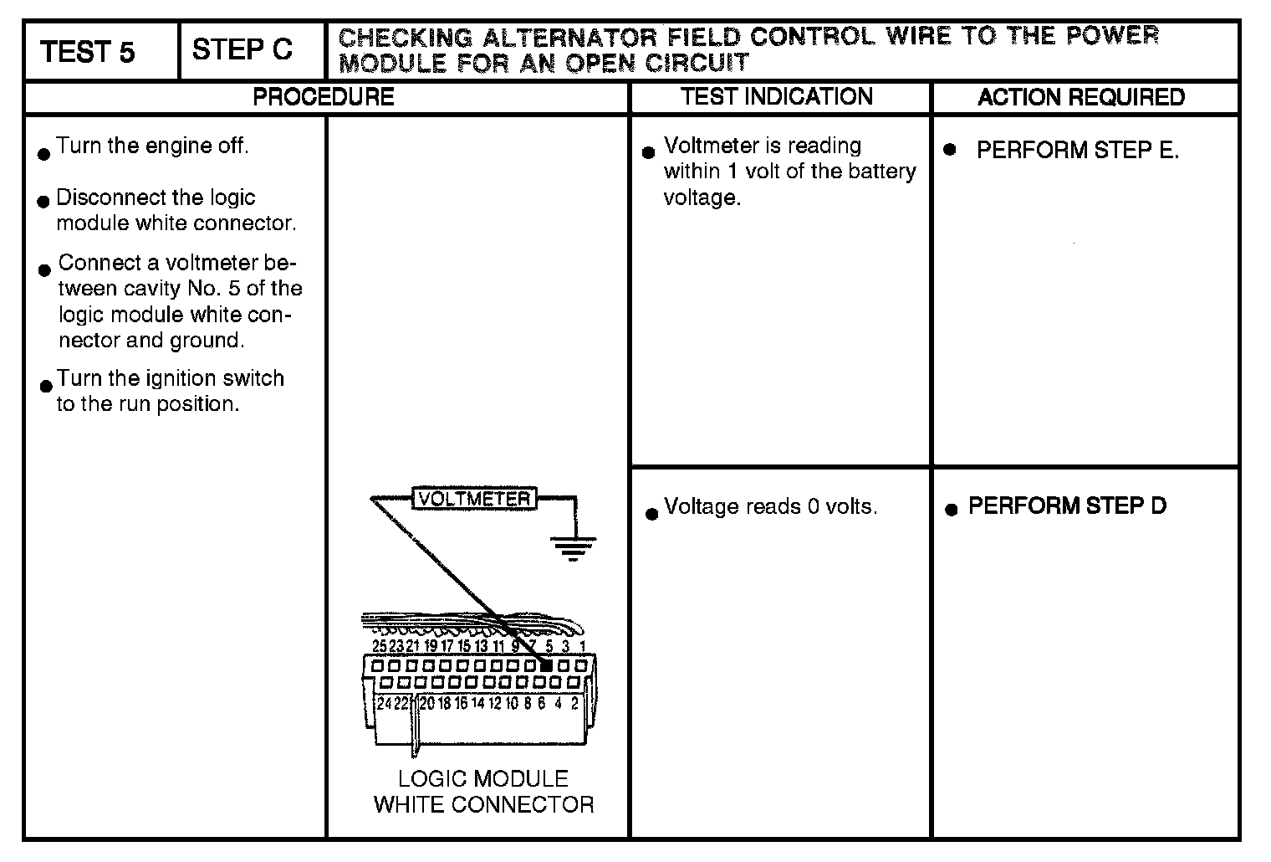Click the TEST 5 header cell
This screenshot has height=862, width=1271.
point(88,52)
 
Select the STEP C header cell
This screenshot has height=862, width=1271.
point(242,50)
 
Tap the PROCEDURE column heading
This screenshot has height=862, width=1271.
point(324,97)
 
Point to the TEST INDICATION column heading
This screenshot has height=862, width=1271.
point(777,96)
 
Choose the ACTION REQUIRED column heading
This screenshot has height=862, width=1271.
point(1081,97)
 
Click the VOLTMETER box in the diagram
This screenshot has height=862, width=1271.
point(474,499)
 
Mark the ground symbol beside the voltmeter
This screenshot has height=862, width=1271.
point(573,547)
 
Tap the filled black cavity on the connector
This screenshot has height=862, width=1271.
point(545,666)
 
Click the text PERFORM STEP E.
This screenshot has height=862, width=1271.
point(1077,151)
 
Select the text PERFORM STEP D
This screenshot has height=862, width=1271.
point(1067,506)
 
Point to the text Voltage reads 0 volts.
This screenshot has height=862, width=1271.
point(770,507)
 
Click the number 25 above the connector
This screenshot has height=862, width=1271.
point(380,646)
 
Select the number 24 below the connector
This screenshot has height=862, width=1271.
point(384,703)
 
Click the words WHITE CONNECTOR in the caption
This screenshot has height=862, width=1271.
point(483,805)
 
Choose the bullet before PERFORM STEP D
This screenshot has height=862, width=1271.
point(950,509)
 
